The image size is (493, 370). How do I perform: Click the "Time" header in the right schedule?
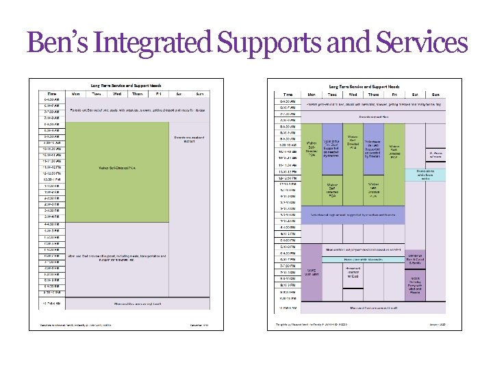coord(288,94)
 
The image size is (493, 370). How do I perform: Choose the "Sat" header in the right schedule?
coord(414,94)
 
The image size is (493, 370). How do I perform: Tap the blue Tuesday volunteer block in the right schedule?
coord(331,147)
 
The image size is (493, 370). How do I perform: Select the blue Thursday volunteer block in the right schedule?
coord(373,147)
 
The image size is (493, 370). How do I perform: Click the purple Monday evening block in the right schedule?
coord(312,272)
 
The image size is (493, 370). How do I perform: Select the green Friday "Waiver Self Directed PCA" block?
coord(394,147)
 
